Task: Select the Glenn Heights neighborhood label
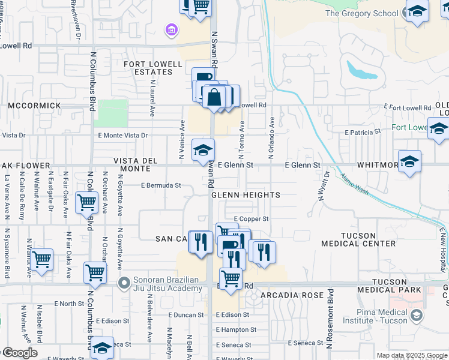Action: point(246,196)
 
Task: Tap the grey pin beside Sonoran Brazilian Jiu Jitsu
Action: point(124,283)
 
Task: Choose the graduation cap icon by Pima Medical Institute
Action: point(415,314)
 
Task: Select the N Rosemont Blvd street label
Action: point(330,317)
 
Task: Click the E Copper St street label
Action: point(251,219)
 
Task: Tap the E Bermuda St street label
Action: point(161,186)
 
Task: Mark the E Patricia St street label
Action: point(363,131)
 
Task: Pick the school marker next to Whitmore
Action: point(410,161)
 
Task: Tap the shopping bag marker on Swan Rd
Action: point(214,96)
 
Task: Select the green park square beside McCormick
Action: point(111,113)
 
